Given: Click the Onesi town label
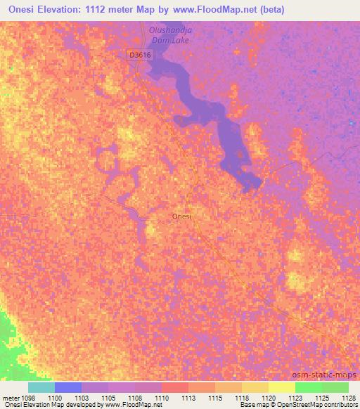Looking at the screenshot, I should click(x=182, y=216).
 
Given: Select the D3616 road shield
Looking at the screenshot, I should click(x=138, y=53).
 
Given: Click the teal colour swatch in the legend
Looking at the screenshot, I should click(x=41, y=387).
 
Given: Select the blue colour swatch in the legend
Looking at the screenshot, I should click(x=68, y=387).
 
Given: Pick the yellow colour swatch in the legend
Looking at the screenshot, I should click(x=282, y=387).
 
